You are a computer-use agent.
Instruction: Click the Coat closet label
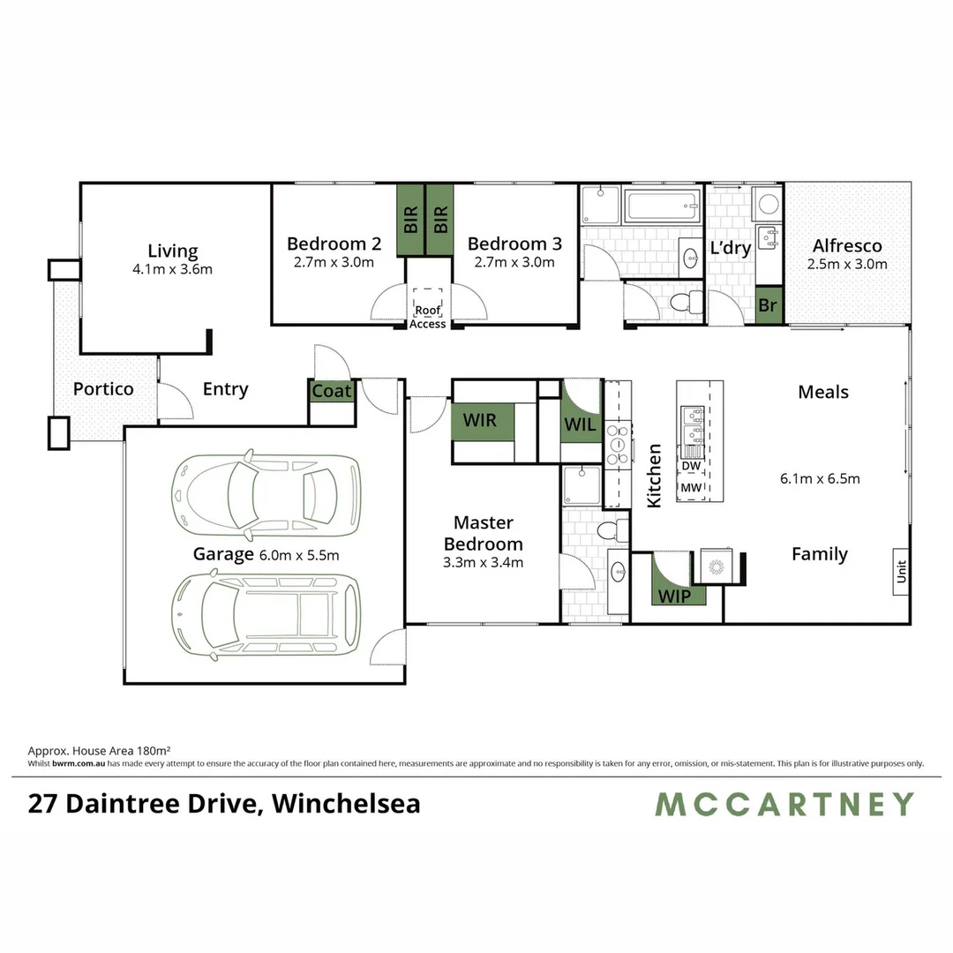point(332,391)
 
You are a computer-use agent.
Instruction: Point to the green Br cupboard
point(769,305)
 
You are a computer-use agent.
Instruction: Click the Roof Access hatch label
point(427,317)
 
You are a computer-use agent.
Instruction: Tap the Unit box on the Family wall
point(901,573)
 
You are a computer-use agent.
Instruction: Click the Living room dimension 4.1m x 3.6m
point(173,269)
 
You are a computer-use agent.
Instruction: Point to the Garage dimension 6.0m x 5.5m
point(299,555)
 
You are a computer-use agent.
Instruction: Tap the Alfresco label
point(847,246)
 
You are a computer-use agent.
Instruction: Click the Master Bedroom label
point(483,534)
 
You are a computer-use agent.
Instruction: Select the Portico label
point(103,389)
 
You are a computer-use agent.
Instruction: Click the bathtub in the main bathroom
point(663,207)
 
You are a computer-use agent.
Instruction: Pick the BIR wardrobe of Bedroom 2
point(410,220)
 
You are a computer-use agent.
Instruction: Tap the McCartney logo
point(784,804)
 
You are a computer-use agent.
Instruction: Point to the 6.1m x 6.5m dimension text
point(820,479)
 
